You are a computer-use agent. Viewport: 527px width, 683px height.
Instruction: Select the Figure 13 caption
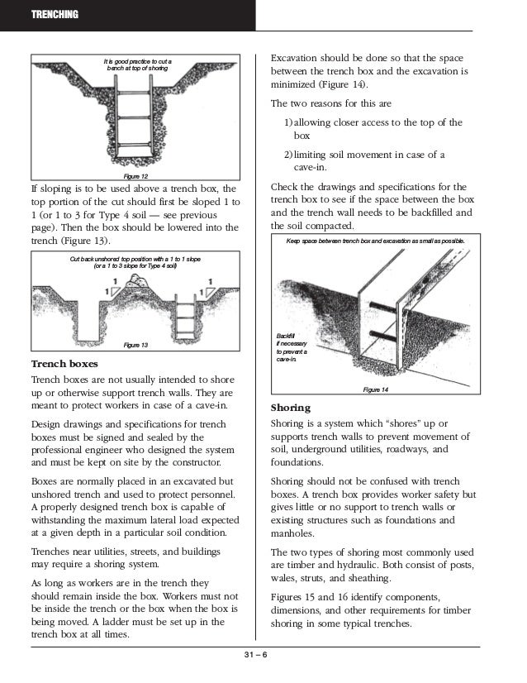click(135, 345)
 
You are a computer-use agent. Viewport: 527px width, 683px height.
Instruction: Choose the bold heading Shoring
click(291, 408)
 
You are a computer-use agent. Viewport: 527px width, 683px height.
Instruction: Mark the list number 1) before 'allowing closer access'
click(288, 122)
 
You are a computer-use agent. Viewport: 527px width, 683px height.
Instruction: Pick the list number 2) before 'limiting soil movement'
click(288, 154)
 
